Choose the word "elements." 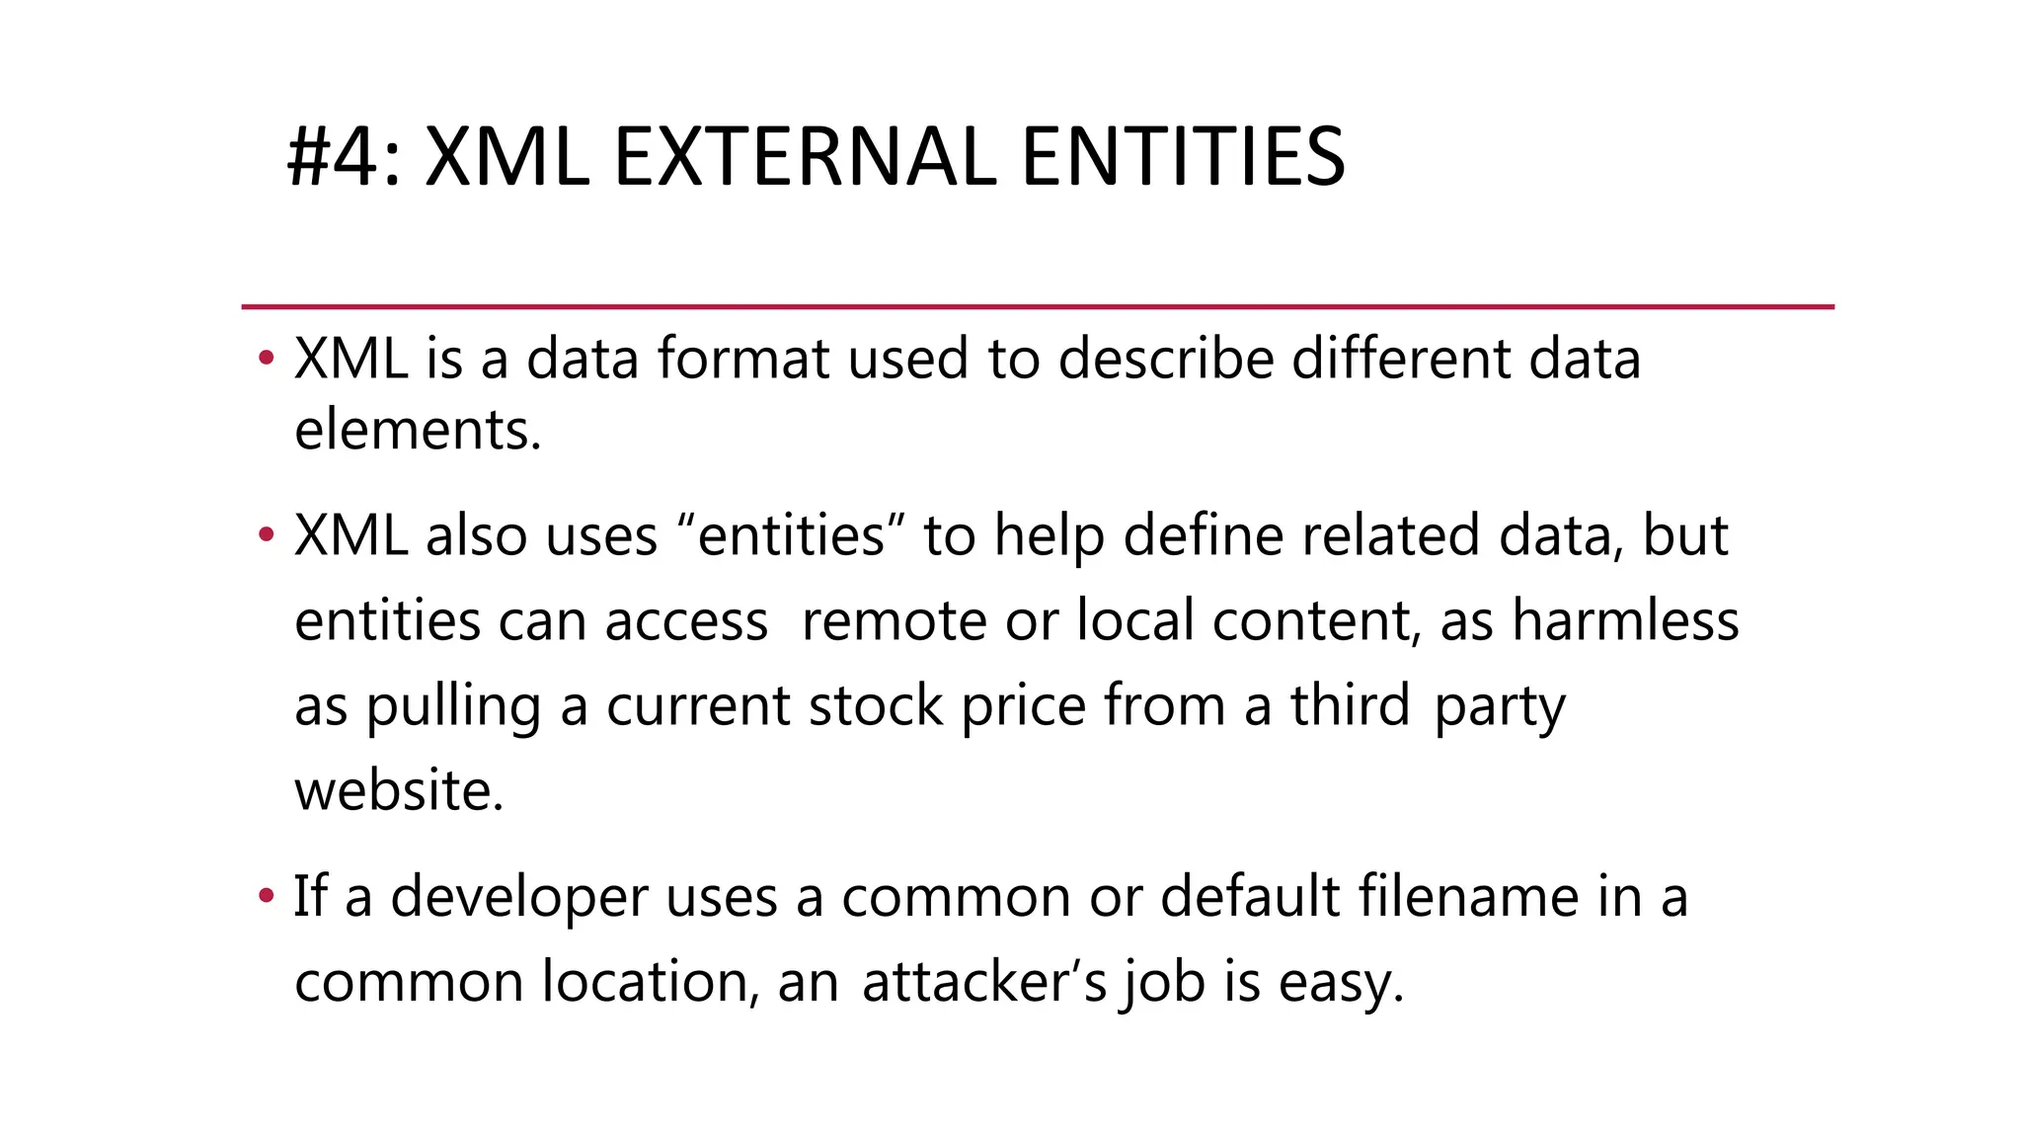(x=418, y=431)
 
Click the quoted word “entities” (x=791, y=535)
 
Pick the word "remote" (x=894, y=621)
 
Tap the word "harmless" (x=1625, y=621)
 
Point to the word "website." (x=399, y=791)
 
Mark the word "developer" (x=519, y=898)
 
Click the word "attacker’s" (x=984, y=982)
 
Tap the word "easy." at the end (x=1341, y=984)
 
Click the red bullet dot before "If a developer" (x=265, y=896)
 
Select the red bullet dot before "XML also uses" (x=265, y=535)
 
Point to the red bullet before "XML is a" (x=265, y=358)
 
